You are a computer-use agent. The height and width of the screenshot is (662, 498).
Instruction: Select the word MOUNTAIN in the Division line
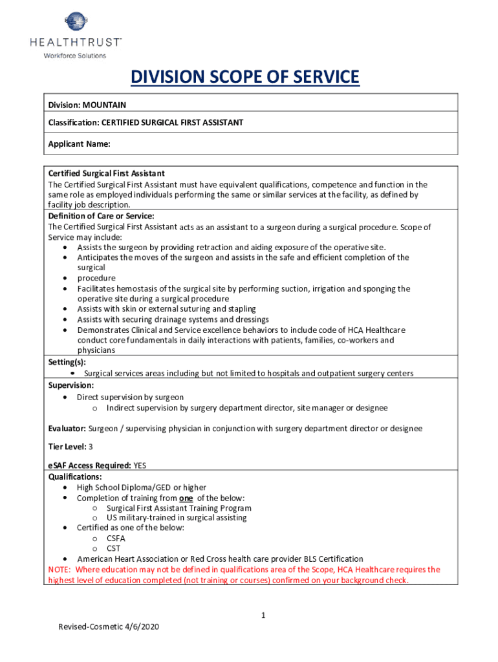pos(105,105)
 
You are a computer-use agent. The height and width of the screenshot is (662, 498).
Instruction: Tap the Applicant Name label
pos(79,145)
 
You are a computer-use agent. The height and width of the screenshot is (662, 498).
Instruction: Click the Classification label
pos(73,122)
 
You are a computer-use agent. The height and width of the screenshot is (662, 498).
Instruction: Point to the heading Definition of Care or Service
pos(101,216)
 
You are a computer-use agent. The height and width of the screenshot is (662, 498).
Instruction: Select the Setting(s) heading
pos(67,363)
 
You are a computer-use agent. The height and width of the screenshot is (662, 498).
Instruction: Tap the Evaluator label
pos(67,429)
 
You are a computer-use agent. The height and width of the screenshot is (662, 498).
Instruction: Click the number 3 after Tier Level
pos(91,447)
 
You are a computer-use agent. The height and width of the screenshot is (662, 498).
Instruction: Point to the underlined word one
pos(186,498)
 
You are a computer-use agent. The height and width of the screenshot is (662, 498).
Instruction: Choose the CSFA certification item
pos(116,538)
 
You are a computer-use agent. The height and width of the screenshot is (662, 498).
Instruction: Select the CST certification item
pos(113,548)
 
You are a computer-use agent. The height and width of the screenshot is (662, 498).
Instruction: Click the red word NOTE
pos(60,570)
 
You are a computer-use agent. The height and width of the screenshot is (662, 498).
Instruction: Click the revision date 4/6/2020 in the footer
pos(140,627)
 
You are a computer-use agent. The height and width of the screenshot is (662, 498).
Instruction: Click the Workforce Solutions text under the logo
pos(74,56)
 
